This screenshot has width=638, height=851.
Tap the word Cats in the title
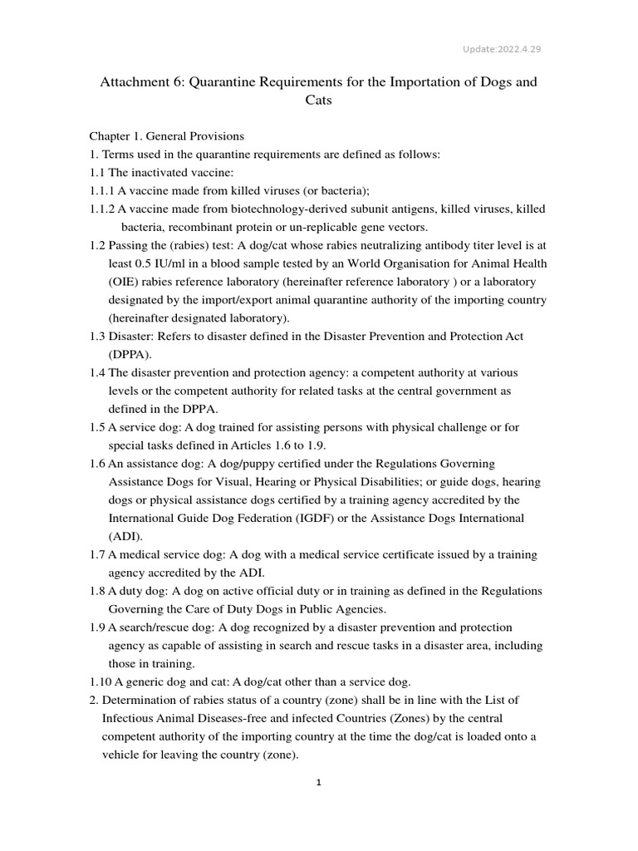pos(318,101)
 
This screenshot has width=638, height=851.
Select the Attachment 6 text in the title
pos(136,81)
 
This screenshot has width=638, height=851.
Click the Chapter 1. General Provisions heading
pos(166,136)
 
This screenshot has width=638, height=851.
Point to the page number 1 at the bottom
pos(318,781)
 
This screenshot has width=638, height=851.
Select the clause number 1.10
pos(101,682)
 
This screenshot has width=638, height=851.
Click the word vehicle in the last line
pos(123,755)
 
